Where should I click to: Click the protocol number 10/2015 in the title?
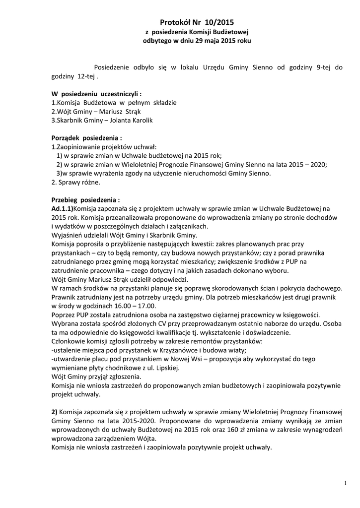pyautogui.click(x=219, y=22)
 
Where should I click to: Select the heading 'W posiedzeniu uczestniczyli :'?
pyautogui.click(x=97, y=94)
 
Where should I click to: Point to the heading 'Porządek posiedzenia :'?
pyautogui.click(x=87, y=138)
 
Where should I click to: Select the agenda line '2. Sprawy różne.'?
pyautogui.click(x=76, y=183)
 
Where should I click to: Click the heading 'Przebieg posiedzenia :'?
pyautogui.click(x=86, y=200)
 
